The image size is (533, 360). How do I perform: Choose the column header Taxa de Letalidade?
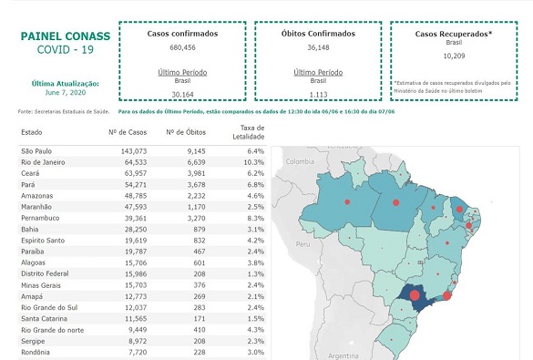pos(251,132)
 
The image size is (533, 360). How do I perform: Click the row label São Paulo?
pos(37,149)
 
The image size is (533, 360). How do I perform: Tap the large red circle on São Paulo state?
pos(412,294)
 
